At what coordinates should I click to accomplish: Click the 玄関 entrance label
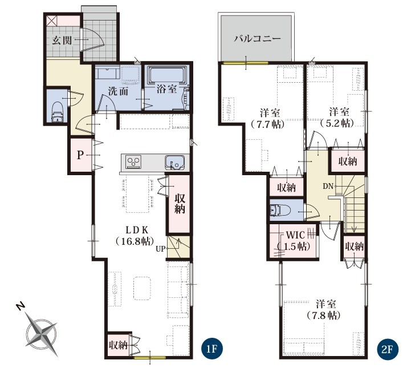(62, 41)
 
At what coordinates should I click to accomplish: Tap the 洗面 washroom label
(118, 91)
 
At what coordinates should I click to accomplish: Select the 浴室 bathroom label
(166, 89)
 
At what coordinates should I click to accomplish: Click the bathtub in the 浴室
(167, 74)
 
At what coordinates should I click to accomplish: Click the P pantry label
(80, 155)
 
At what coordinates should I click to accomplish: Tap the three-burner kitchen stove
(133, 161)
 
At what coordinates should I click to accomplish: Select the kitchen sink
(174, 163)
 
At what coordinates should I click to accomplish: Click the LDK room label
(137, 230)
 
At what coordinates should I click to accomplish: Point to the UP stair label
(160, 249)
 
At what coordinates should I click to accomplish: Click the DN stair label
(328, 186)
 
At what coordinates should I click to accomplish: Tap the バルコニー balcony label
(258, 39)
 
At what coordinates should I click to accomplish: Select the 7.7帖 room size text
(267, 124)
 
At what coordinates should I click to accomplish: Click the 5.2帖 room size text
(337, 123)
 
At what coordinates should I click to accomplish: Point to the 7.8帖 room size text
(323, 316)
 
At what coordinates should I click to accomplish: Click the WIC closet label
(295, 235)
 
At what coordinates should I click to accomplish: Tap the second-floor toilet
(280, 210)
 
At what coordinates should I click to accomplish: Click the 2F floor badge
(386, 349)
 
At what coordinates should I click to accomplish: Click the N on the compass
(21, 307)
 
